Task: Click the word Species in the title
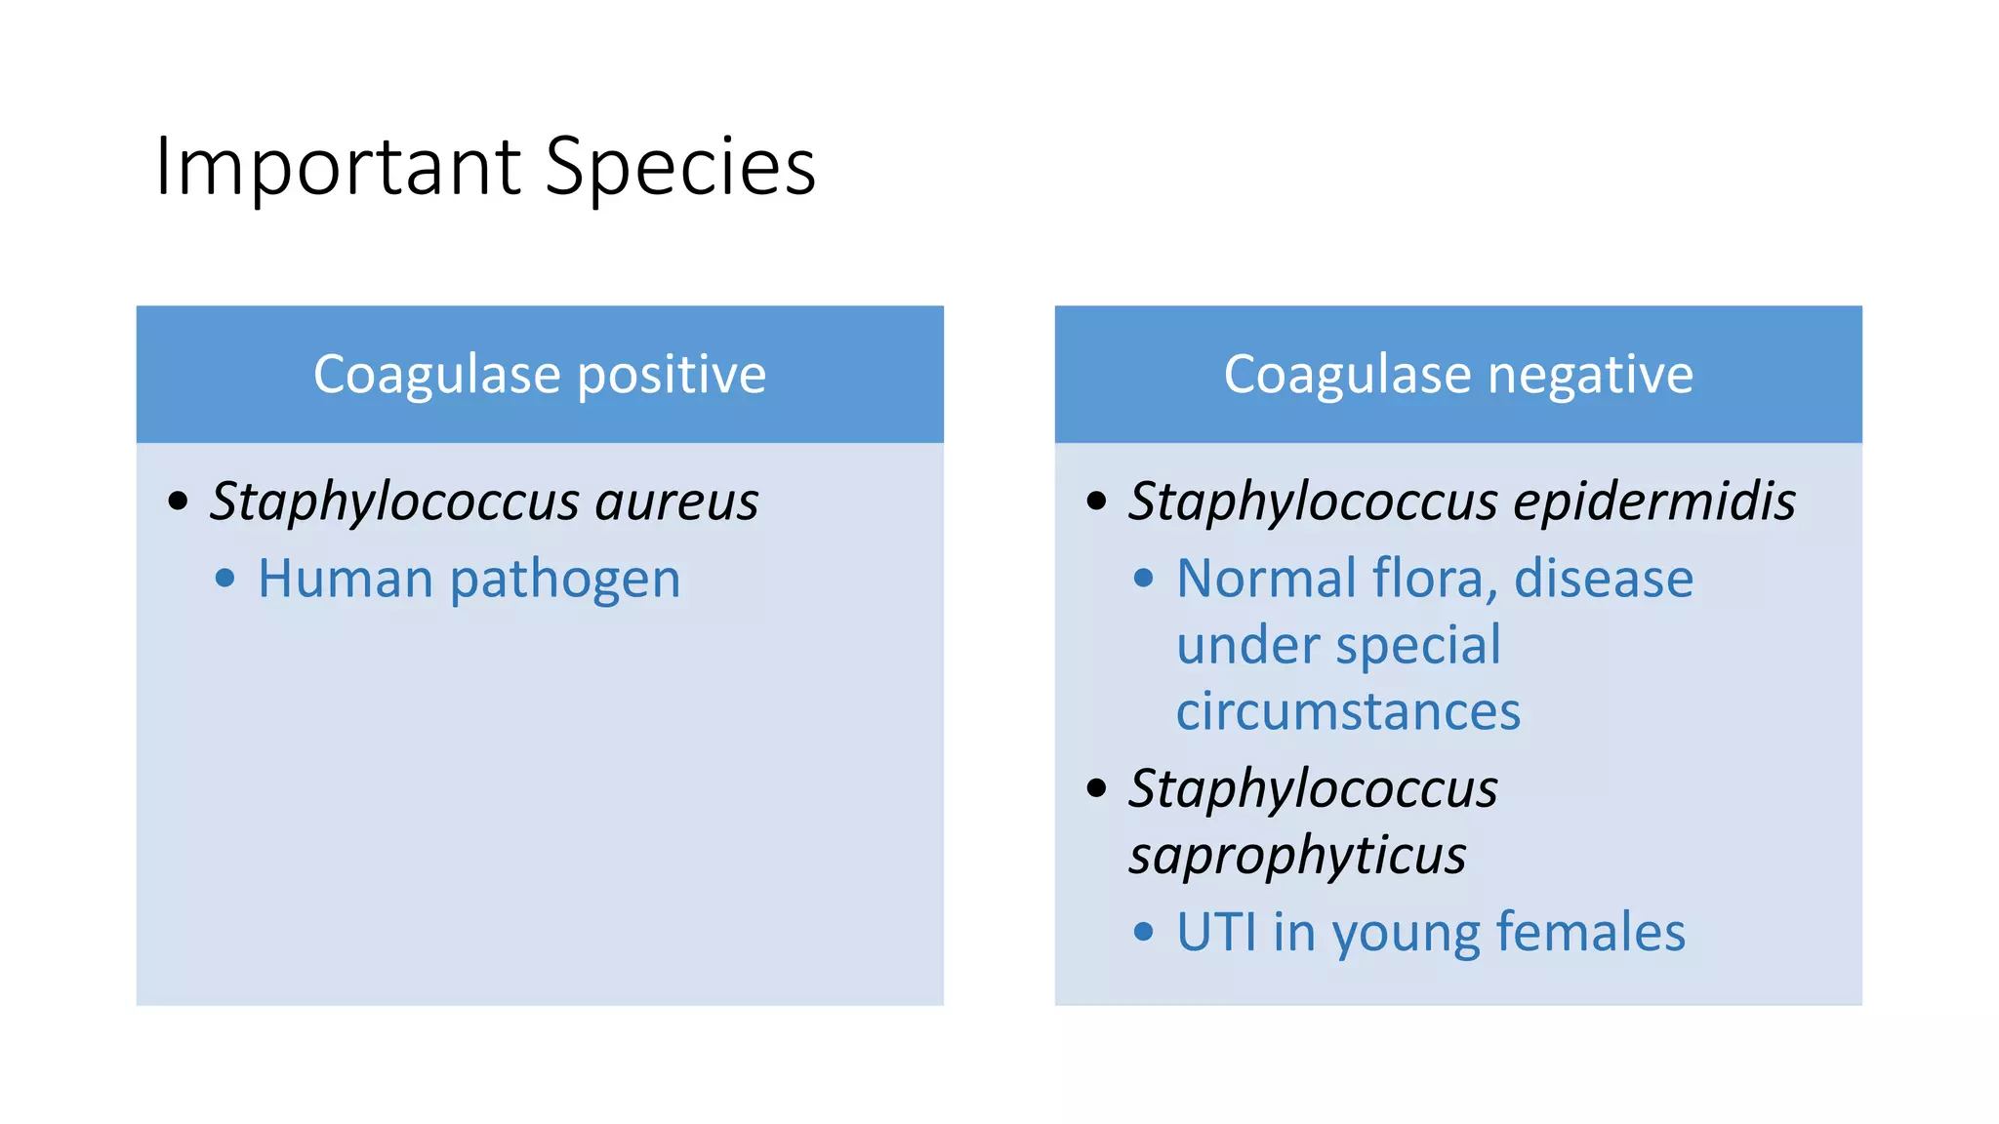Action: point(679,168)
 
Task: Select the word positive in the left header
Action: point(672,375)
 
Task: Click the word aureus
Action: point(676,502)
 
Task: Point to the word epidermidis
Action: point(1654,502)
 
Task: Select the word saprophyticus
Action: point(1297,856)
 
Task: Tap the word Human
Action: point(346,579)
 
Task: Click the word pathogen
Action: point(565,581)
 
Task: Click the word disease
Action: point(1603,579)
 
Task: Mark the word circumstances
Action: point(1348,711)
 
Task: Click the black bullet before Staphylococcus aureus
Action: point(178,502)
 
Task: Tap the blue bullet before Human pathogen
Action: point(224,579)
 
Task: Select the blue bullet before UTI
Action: point(1144,932)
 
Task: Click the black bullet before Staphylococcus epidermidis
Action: point(1097,502)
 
